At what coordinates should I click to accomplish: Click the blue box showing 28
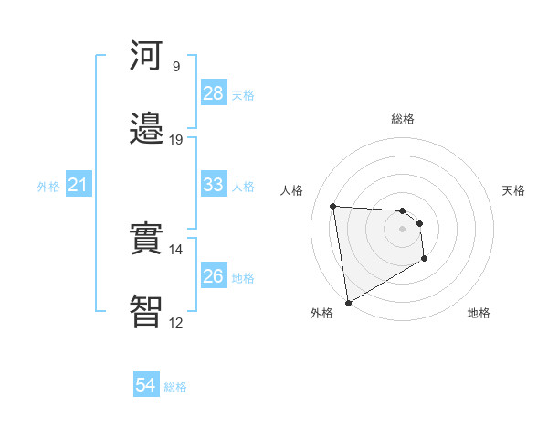[x=213, y=93]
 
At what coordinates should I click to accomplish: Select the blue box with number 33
[x=213, y=185]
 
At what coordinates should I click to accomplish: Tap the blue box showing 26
[x=213, y=276]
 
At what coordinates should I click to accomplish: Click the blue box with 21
[x=78, y=185]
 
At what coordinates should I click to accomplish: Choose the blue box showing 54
[x=145, y=385]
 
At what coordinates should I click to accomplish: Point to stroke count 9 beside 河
[x=176, y=67]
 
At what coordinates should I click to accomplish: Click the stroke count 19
[x=176, y=140]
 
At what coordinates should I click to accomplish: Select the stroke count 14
[x=176, y=250]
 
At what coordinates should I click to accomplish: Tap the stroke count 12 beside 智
[x=176, y=323]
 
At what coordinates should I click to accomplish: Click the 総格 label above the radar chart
[x=403, y=119]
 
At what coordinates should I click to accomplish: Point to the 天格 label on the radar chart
[x=513, y=190]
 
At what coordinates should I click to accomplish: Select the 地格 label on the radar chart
[x=479, y=314]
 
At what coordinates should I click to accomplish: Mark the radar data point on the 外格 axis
[x=347, y=302]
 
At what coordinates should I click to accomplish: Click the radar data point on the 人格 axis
[x=333, y=206]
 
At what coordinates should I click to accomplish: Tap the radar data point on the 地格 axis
[x=425, y=260]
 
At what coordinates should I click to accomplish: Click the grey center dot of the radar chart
[x=403, y=230]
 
